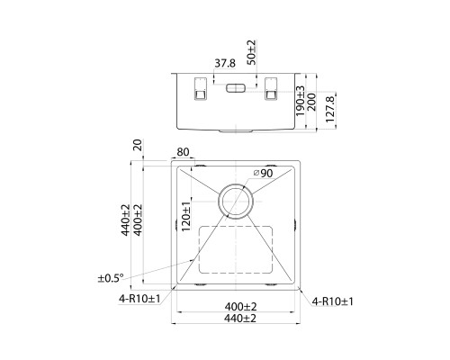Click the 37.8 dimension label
click(x=225, y=63)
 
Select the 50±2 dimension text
click(x=251, y=52)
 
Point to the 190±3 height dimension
click(x=300, y=101)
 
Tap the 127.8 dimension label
click(x=329, y=109)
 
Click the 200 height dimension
click(x=311, y=102)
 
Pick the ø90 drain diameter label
click(x=263, y=173)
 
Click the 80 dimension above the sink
click(x=183, y=152)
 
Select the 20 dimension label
click(x=138, y=145)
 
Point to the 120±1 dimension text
click(x=186, y=216)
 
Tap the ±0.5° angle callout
click(x=111, y=278)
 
